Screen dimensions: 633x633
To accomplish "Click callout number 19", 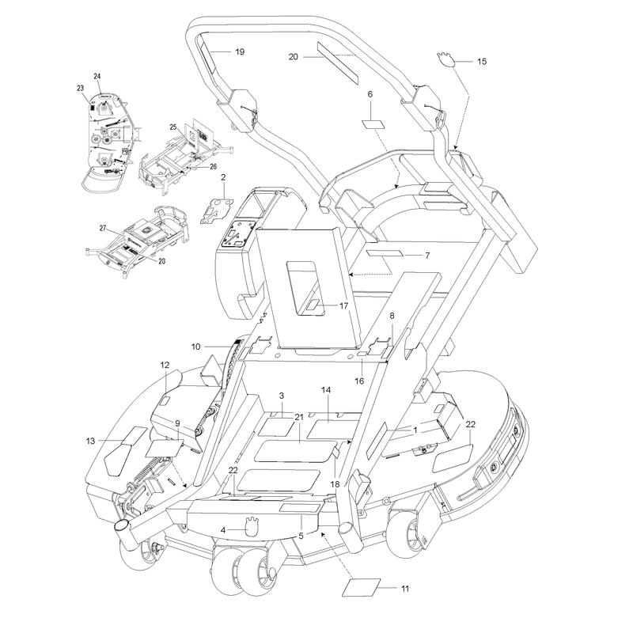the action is click(x=240, y=51).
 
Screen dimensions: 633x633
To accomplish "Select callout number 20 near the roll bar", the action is click(x=293, y=57).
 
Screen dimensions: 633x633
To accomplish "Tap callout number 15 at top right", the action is click(x=482, y=62).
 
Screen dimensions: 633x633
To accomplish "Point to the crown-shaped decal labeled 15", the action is click(x=445, y=59).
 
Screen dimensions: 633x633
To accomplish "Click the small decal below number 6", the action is click(x=373, y=123).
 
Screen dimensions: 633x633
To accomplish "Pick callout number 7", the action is click(x=427, y=256).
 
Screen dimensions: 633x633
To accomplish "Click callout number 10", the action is click(x=195, y=347).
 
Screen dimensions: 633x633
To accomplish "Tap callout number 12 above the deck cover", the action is click(x=165, y=365).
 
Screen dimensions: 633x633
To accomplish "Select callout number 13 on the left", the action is click(x=90, y=441).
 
